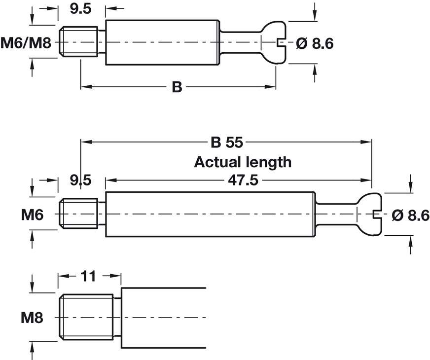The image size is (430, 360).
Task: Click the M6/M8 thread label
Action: point(26,43)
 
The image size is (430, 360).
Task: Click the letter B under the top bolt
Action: point(177,88)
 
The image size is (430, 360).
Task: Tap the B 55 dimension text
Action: point(227,143)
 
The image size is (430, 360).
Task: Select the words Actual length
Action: point(243,162)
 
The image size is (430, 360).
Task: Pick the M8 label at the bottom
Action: point(32,318)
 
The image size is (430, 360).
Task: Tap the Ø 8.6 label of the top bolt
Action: point(315,44)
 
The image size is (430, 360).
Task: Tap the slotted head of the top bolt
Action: point(274,42)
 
